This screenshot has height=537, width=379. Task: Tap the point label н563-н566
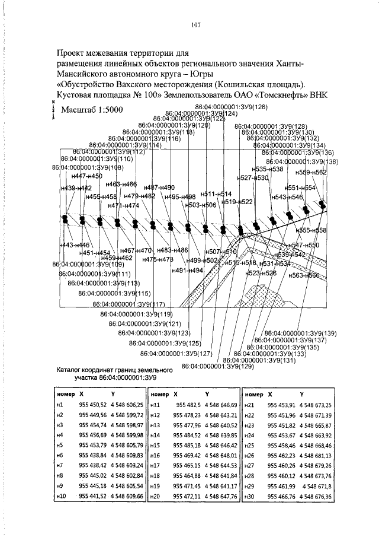coord(304,275)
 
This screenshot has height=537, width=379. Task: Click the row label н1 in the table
coord(60,404)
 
